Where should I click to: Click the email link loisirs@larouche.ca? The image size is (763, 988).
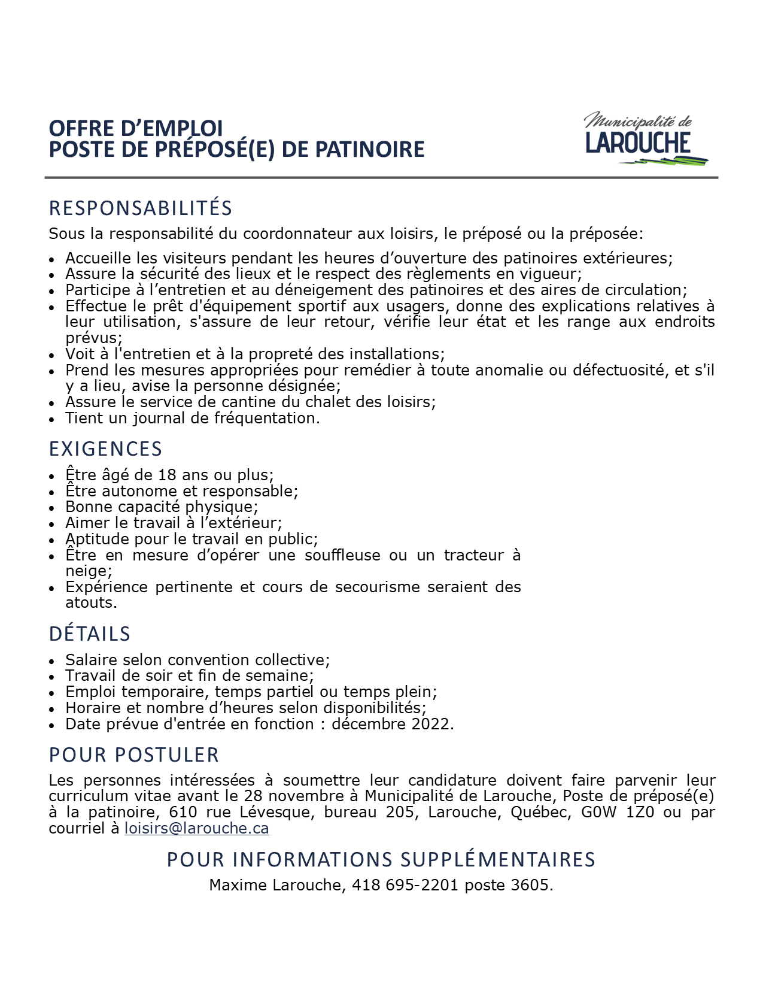[x=196, y=828]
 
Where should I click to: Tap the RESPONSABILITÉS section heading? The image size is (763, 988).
[x=140, y=208]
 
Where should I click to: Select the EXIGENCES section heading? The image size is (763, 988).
[x=105, y=448]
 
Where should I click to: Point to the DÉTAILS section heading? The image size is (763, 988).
[x=90, y=634]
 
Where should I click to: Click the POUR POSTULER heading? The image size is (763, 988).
[x=134, y=754]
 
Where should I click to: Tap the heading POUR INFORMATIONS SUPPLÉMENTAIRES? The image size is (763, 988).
[x=381, y=859]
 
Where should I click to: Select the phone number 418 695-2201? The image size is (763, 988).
[x=406, y=885]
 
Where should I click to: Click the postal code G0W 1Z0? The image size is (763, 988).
[x=618, y=812]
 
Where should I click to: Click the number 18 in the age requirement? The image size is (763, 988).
[x=167, y=475]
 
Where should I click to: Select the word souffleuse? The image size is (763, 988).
[x=342, y=555]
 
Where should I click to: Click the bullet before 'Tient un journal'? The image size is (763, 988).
[x=53, y=419]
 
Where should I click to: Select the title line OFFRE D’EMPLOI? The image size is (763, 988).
[x=136, y=128]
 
